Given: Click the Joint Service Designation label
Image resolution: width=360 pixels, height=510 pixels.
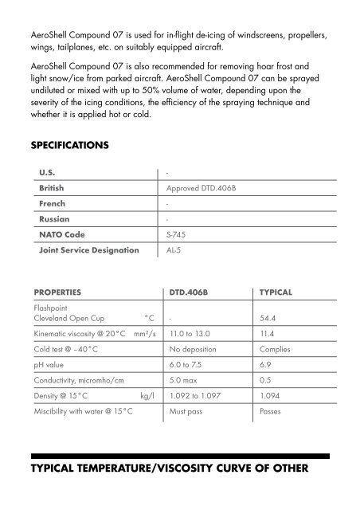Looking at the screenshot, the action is point(88,250).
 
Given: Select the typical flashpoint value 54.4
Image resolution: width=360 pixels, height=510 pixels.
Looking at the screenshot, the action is point(269,317).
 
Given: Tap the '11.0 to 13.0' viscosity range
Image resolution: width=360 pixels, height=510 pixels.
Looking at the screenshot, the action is point(193,335).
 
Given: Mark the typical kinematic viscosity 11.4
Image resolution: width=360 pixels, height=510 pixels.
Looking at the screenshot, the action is point(268,335).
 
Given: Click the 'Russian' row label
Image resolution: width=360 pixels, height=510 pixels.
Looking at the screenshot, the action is point(54,219).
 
